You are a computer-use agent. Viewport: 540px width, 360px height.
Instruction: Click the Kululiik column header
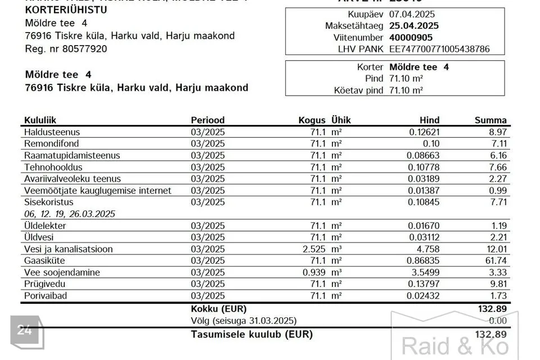(x=40, y=120)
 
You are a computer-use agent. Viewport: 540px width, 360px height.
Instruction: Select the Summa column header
(x=490, y=120)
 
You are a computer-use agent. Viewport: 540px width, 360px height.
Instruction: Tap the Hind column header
(x=430, y=120)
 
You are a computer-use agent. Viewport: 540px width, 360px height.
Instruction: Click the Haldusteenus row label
(x=52, y=132)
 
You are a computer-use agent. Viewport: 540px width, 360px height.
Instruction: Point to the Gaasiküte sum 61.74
(x=496, y=260)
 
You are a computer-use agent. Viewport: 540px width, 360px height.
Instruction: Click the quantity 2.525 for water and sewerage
(x=313, y=249)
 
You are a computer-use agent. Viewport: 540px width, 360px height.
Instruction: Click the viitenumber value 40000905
(x=411, y=37)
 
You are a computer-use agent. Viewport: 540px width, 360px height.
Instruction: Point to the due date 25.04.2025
(x=415, y=26)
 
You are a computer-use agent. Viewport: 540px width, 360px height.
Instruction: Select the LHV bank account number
(x=439, y=49)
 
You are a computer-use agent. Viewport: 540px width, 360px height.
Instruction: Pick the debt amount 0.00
(x=498, y=321)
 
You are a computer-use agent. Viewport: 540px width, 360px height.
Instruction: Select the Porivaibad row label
(x=47, y=295)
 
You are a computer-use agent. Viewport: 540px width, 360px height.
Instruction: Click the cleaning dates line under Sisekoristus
(x=70, y=214)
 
